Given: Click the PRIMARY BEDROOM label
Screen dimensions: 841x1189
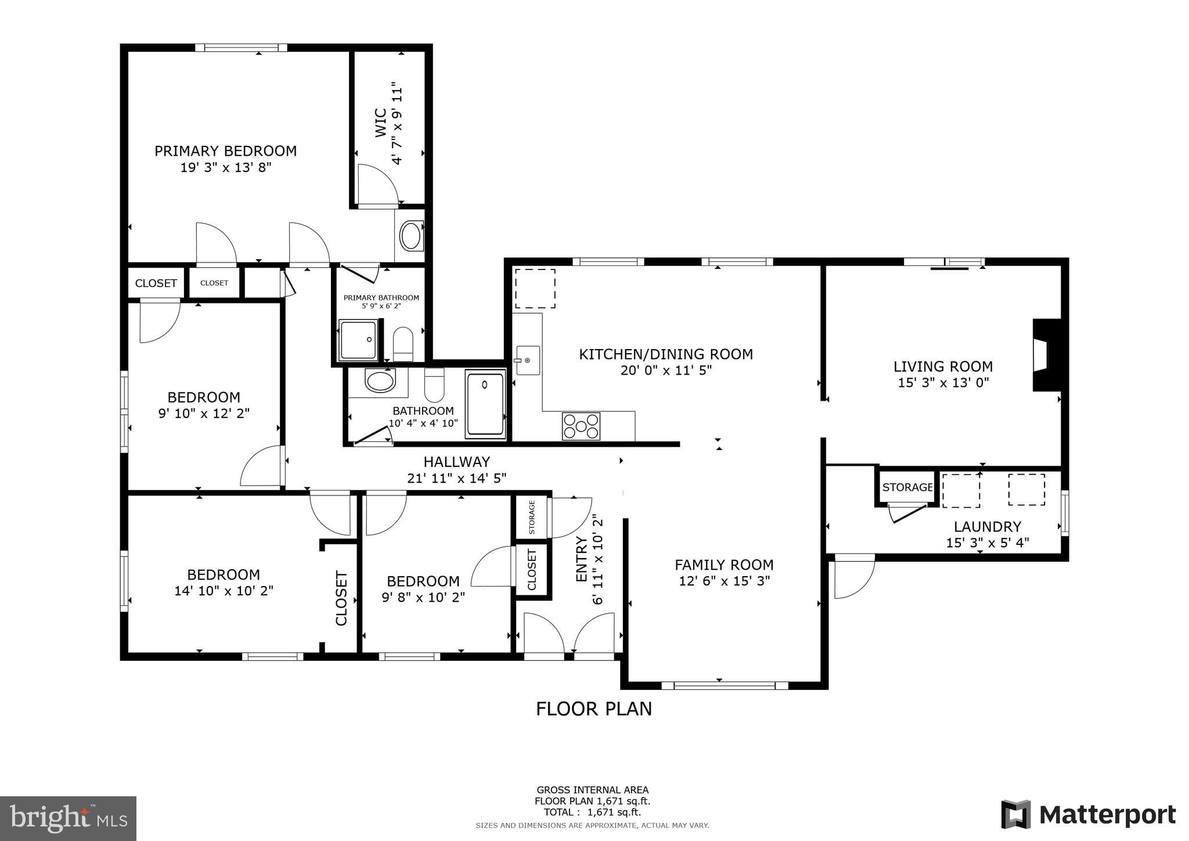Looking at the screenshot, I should (x=225, y=151).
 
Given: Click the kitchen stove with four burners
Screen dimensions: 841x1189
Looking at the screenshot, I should (x=581, y=426).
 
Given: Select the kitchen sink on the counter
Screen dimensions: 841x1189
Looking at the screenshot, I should (x=528, y=360).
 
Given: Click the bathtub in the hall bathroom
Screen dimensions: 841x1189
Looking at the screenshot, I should (x=485, y=404).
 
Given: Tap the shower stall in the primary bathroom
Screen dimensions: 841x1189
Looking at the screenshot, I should (x=358, y=340).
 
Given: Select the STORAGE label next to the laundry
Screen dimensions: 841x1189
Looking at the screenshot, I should (x=907, y=487).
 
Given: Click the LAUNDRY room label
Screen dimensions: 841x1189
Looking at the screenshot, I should (x=987, y=527).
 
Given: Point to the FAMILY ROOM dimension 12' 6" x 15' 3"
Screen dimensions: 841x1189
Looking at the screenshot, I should (x=724, y=581).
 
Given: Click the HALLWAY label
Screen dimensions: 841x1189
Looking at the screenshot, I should (x=456, y=462).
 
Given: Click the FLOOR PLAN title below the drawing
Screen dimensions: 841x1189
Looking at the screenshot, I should (x=593, y=709).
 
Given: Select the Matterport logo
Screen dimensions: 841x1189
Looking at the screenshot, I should (x=1088, y=814).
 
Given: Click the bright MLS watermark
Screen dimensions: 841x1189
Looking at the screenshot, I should (x=68, y=818).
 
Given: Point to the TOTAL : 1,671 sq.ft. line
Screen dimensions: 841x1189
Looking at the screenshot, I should (x=592, y=812).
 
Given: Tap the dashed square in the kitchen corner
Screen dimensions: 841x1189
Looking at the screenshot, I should (x=535, y=289).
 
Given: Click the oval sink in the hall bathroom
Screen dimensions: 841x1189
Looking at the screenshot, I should (x=380, y=381).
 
